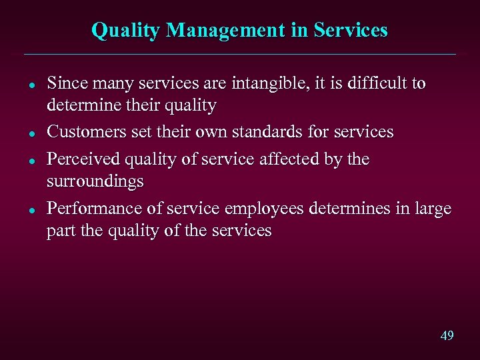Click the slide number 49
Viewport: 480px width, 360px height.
pyautogui.click(x=447, y=335)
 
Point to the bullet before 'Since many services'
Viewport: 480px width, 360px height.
pyautogui.click(x=32, y=85)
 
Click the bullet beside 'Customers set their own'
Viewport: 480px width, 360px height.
pyautogui.click(x=32, y=133)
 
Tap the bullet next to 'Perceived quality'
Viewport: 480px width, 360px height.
pyautogui.click(x=32, y=161)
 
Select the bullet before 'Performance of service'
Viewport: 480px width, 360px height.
pyautogui.click(x=32, y=210)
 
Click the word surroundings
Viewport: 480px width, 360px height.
pyautogui.click(x=95, y=181)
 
